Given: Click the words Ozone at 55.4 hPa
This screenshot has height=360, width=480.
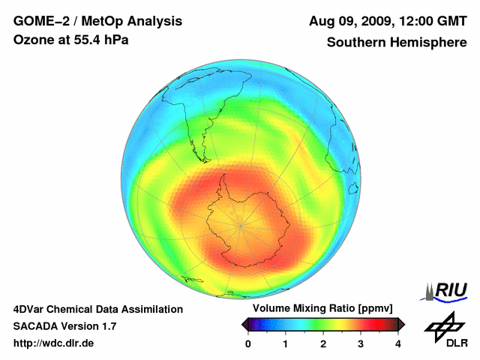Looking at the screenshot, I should coord(70,40).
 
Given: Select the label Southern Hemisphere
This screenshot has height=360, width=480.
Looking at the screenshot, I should coord(396,43).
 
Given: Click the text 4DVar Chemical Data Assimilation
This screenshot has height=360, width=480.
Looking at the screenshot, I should coord(97,309).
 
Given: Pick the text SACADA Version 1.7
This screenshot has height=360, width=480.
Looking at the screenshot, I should coord(64,326).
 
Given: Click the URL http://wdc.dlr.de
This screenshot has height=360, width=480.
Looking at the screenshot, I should coord(53,343).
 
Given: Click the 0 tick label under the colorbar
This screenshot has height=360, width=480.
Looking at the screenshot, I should coord(248,343).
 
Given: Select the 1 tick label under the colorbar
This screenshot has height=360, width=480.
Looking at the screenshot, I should coord(286,343).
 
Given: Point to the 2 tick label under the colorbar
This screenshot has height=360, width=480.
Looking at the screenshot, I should coord(323,343).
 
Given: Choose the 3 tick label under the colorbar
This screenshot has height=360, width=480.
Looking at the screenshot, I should coord(361,343).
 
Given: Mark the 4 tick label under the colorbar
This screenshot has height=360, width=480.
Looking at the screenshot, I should coord(398,343).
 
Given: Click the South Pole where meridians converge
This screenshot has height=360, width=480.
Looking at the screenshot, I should coord(241,223).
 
